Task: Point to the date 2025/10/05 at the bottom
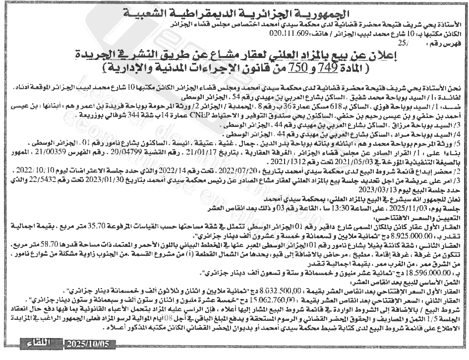(91, 343)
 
